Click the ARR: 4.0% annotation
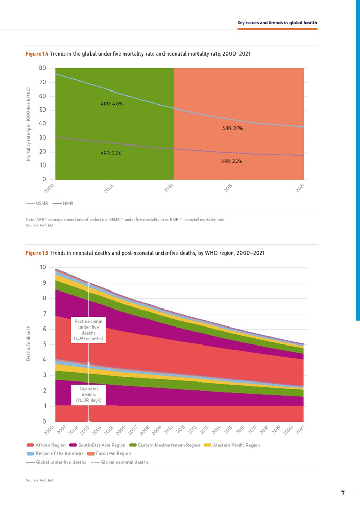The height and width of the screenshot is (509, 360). click(112, 104)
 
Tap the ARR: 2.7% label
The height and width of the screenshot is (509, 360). click(232, 128)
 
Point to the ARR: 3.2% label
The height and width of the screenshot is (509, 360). click(111, 153)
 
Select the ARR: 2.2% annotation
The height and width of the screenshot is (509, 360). click(231, 161)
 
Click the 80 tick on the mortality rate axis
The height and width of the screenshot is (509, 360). click(42, 68)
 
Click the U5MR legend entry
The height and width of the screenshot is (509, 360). click(37, 203)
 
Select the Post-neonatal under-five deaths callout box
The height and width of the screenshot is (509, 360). click(88, 330)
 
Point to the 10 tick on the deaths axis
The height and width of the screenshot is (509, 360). click(43, 267)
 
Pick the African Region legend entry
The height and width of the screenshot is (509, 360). click(48, 445)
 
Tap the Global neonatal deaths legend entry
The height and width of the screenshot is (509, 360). click(120, 462)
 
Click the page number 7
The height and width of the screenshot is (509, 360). click(343, 494)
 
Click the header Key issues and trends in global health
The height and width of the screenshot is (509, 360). click(277, 23)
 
